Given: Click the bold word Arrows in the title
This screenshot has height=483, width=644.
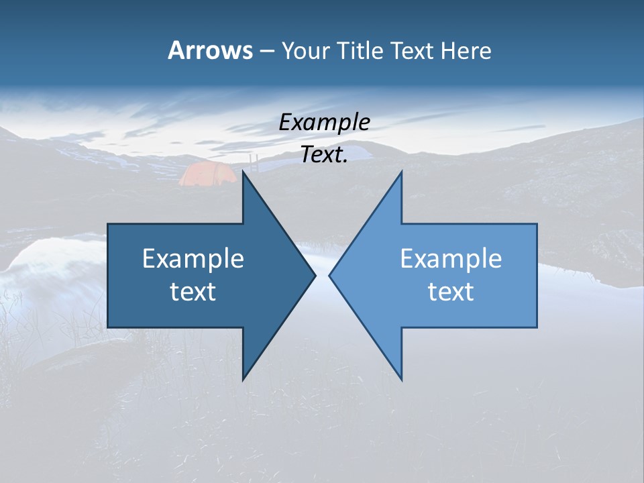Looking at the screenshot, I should point(210,50).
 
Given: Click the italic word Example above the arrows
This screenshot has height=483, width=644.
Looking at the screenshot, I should point(324,123).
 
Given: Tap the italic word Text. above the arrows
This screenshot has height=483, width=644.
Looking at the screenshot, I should point(324,155).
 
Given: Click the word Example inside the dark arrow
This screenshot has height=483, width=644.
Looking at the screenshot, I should point(193,259).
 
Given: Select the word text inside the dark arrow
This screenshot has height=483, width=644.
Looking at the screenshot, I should point(193,292).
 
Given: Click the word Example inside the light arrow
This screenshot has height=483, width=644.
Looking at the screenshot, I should point(451,259).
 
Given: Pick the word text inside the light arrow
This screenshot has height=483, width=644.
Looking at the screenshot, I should point(451,292).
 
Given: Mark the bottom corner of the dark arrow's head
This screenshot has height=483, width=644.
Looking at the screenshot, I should point(244,379).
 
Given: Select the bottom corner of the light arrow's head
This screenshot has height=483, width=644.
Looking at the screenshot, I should point(401,379).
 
